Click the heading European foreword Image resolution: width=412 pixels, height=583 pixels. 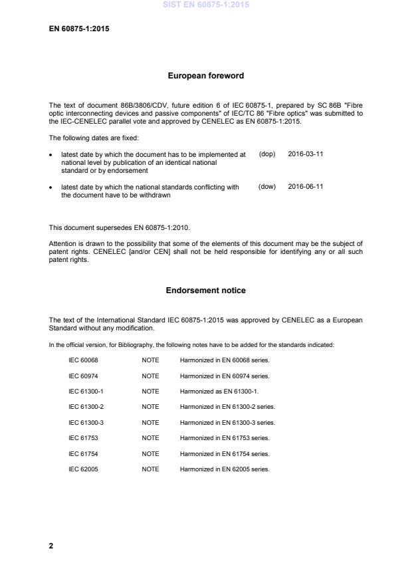[x=205, y=76]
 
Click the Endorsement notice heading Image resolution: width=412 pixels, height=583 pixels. [x=205, y=290]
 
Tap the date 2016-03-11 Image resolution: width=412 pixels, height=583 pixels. [x=306, y=154]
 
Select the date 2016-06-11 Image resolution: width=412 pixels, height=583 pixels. [x=306, y=187]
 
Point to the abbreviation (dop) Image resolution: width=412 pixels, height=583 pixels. [x=266, y=154]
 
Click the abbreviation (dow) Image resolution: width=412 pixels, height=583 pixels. [x=266, y=187]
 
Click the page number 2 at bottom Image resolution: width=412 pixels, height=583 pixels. [x=51, y=545]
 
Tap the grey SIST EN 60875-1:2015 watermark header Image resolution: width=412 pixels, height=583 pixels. [x=205, y=5]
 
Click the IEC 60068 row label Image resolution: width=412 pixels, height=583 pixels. [x=84, y=360]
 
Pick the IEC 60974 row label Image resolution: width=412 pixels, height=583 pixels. [x=84, y=376]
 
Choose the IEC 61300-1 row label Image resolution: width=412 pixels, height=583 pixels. [x=86, y=391]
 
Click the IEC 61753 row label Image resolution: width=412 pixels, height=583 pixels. [x=84, y=438]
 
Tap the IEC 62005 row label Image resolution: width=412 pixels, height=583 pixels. [x=84, y=469]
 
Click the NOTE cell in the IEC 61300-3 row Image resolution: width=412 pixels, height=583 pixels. [x=150, y=422]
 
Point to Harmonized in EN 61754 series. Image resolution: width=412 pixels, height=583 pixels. [x=225, y=453]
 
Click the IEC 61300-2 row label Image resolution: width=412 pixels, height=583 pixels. [x=86, y=407]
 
